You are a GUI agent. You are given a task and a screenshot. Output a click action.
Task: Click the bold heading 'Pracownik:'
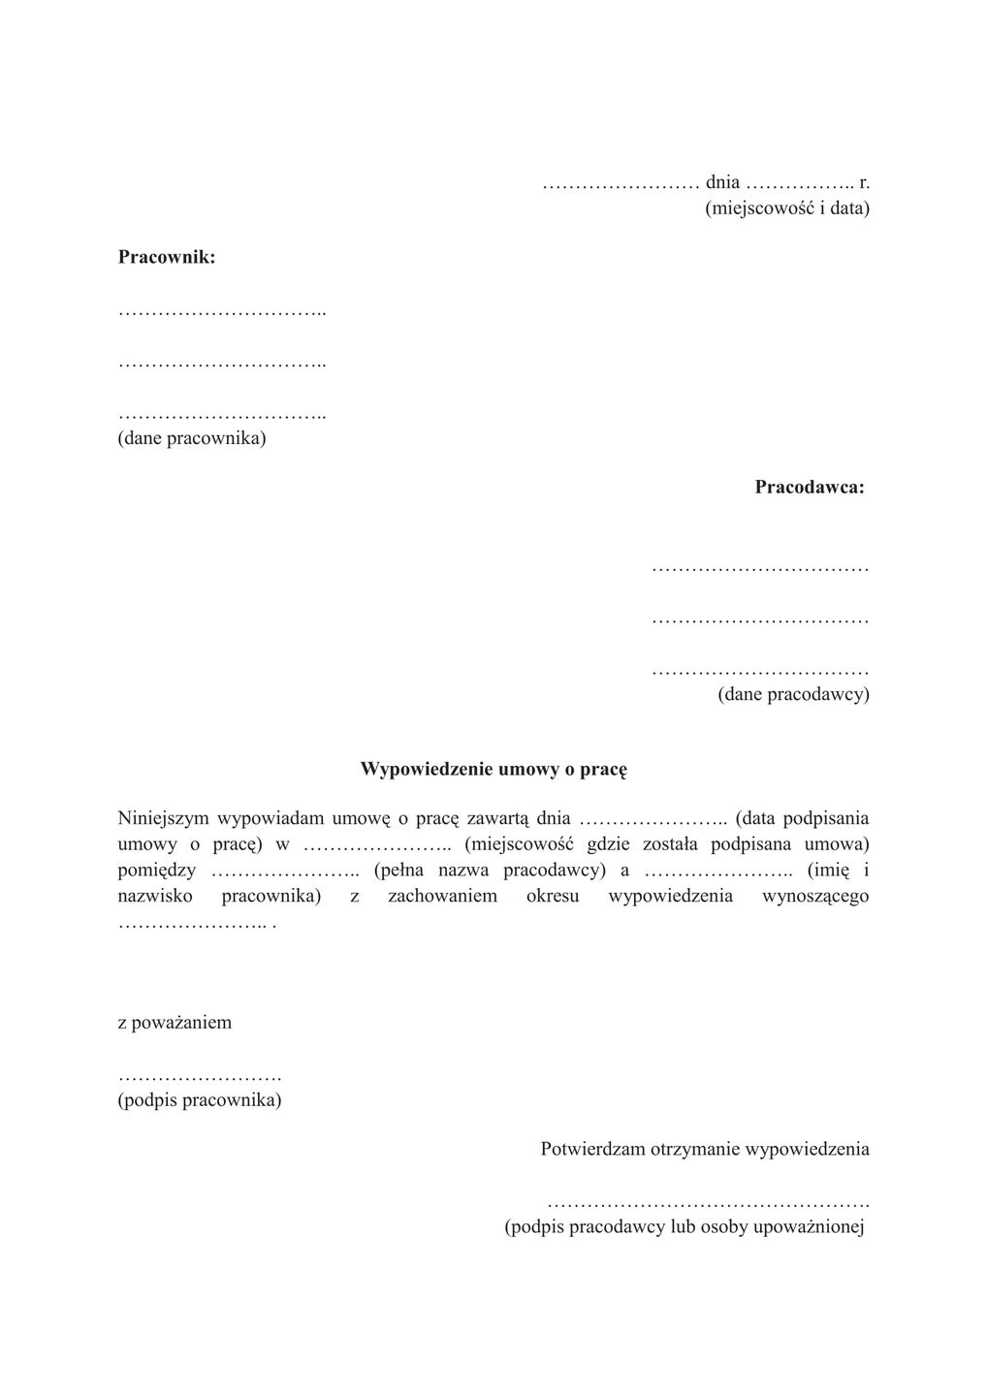pyautogui.click(x=167, y=257)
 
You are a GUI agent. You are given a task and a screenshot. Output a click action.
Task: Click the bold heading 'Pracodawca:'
pyautogui.click(x=810, y=487)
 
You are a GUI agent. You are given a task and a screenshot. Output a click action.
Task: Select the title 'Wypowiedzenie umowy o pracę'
pyautogui.click(x=493, y=769)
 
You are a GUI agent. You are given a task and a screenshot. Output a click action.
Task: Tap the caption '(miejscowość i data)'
pyautogui.click(x=786, y=207)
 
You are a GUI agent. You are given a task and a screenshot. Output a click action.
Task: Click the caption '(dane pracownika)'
pyautogui.click(x=192, y=438)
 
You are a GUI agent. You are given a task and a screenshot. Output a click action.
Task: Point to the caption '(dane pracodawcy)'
pyautogui.click(x=793, y=694)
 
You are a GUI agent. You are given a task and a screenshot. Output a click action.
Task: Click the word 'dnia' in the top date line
pyautogui.click(x=722, y=182)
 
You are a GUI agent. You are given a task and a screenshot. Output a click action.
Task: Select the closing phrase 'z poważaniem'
pyautogui.click(x=175, y=1023)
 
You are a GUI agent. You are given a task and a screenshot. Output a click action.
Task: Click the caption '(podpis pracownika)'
pyautogui.click(x=200, y=1100)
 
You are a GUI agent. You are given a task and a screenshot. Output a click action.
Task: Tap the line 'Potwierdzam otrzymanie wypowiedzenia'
pyautogui.click(x=705, y=1149)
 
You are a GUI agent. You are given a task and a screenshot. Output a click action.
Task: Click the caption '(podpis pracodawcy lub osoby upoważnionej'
pyautogui.click(x=684, y=1226)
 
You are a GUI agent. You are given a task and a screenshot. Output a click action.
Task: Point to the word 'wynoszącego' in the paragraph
pyautogui.click(x=815, y=896)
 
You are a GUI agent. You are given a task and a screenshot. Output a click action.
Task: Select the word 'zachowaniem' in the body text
pyautogui.click(x=442, y=896)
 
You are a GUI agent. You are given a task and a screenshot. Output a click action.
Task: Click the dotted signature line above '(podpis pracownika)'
pyautogui.click(x=199, y=1077)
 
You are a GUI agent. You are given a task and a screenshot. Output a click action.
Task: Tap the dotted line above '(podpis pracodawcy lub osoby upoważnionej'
pyautogui.click(x=708, y=1203)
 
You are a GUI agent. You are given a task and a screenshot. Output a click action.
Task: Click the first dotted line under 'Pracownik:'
pyautogui.click(x=222, y=312)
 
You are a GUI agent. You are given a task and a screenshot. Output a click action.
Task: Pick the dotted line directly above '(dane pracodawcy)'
pyautogui.click(x=760, y=671)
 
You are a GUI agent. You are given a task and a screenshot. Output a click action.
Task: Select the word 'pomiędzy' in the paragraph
pyautogui.click(x=156, y=870)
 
